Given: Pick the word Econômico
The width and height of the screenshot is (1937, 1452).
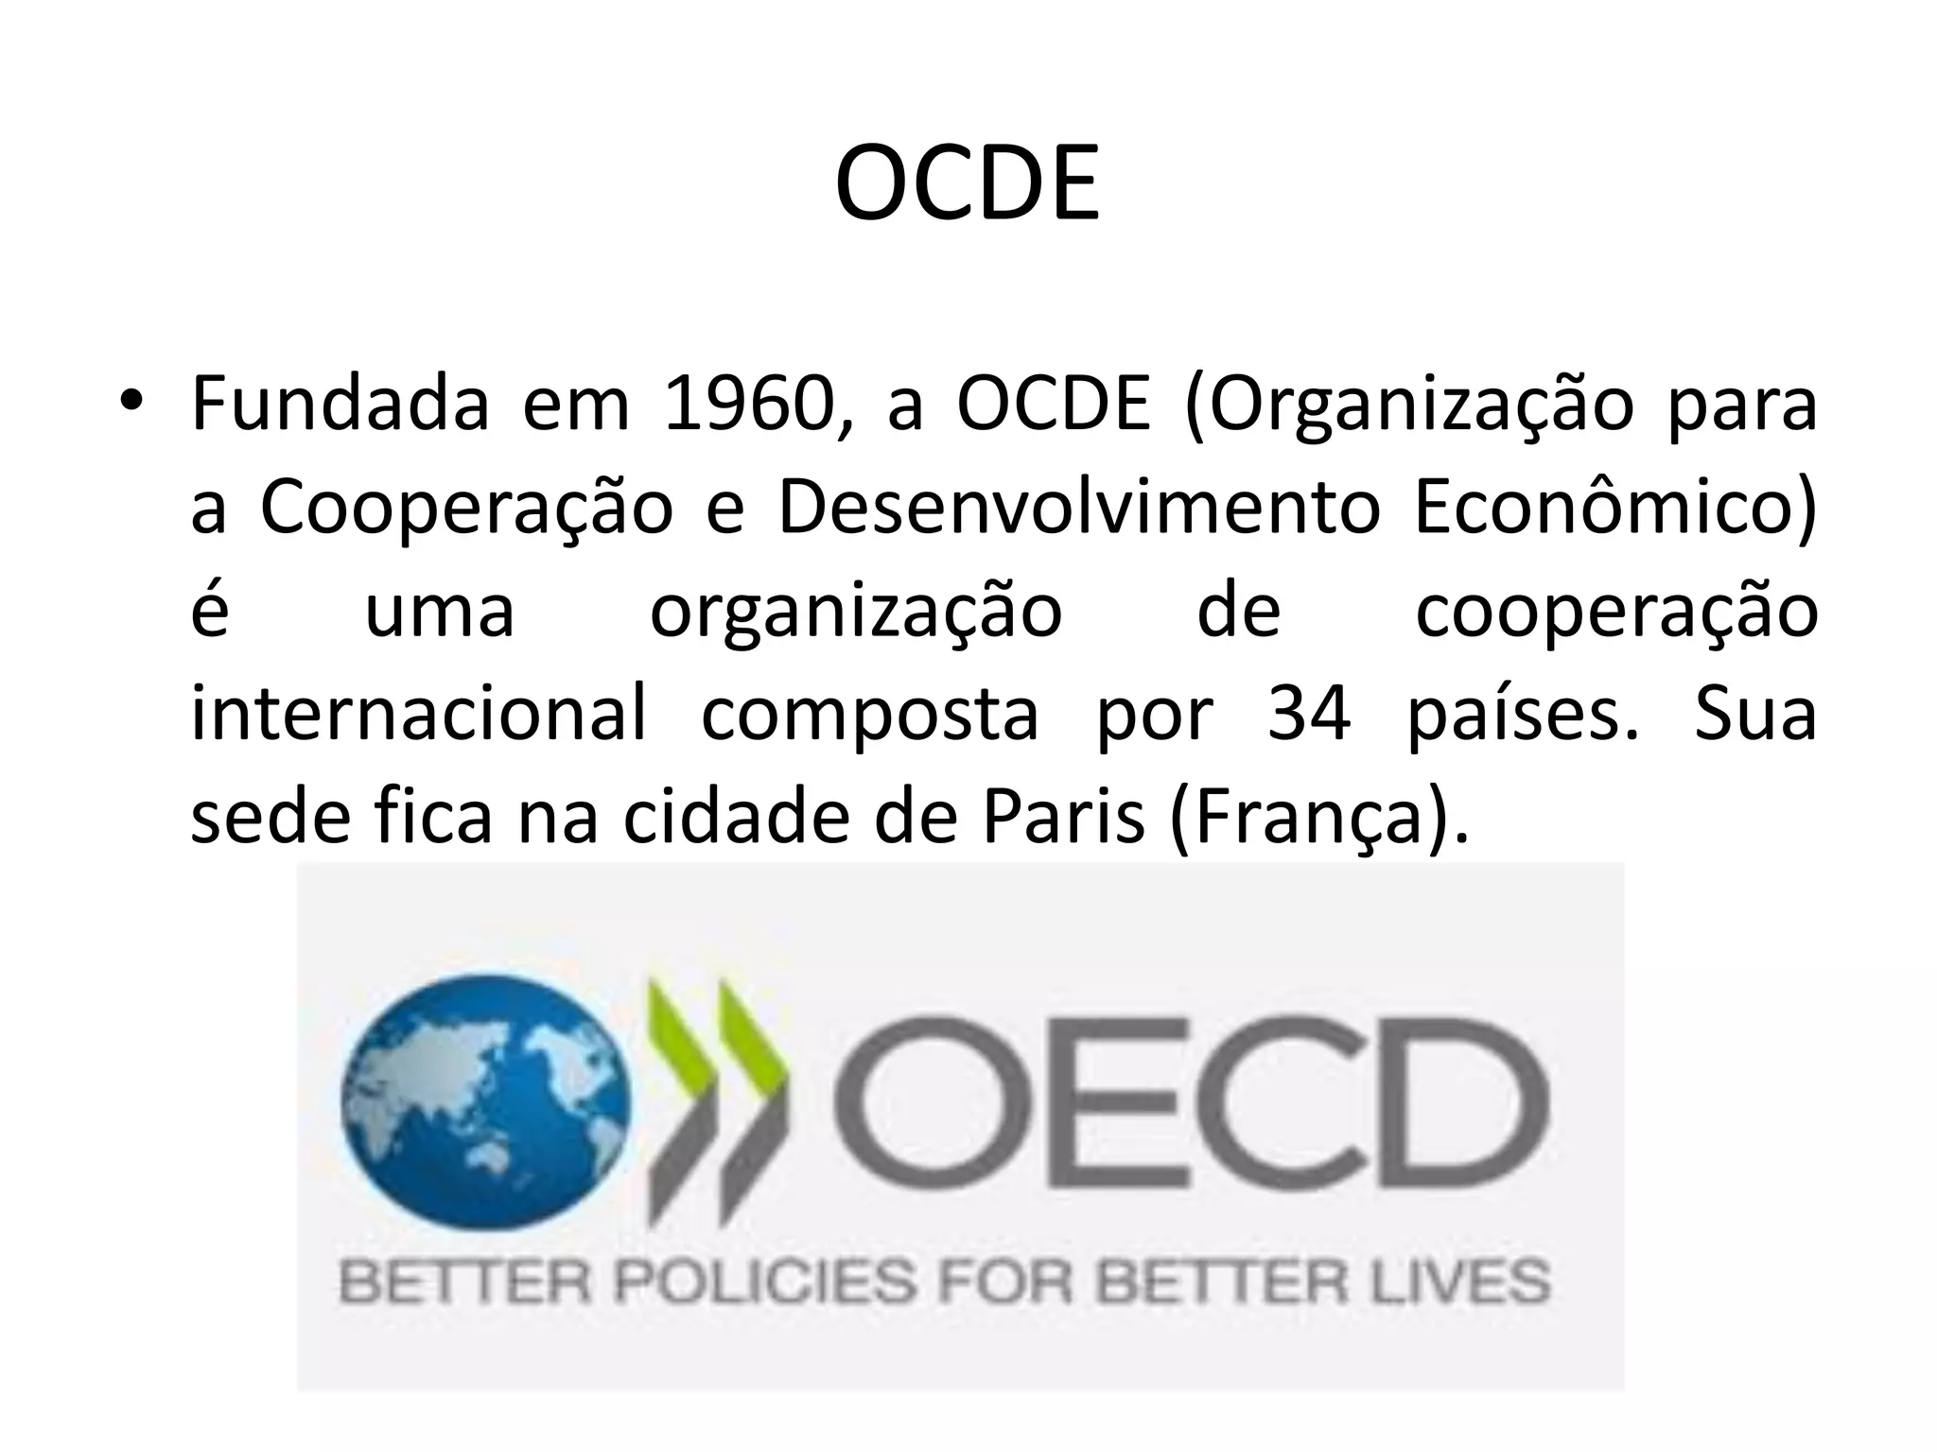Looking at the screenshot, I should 1615,508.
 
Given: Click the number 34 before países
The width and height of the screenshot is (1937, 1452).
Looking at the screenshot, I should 1308,714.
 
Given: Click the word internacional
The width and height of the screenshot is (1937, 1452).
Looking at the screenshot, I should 419,714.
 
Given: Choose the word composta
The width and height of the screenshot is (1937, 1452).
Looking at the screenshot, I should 870,716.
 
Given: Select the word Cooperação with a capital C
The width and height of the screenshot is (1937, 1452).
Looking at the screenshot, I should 466,508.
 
